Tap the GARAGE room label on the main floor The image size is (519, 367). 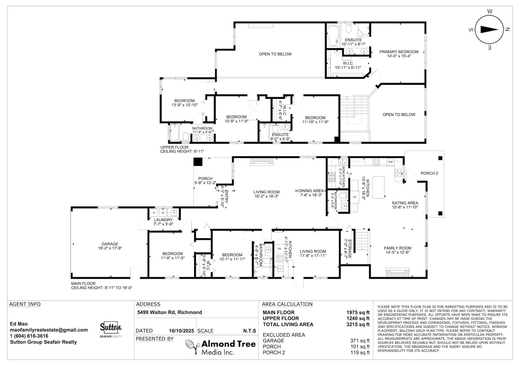[x=110, y=244]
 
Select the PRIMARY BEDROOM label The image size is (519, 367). [x=399, y=52]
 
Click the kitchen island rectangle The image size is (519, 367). [x=378, y=187]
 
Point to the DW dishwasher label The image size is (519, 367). [x=390, y=162]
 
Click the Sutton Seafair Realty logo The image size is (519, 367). [x=111, y=330]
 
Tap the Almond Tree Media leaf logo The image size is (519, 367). [x=192, y=347]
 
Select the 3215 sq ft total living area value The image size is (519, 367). [x=358, y=324]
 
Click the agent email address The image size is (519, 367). [x=49, y=330]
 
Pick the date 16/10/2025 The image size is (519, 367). [x=181, y=331]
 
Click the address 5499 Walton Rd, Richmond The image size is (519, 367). [x=170, y=312]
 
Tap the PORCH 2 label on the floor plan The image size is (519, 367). [x=429, y=173]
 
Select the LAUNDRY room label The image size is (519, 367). [x=163, y=220]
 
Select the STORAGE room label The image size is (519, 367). [x=350, y=249]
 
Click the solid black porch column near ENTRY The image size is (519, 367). [x=198, y=162]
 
